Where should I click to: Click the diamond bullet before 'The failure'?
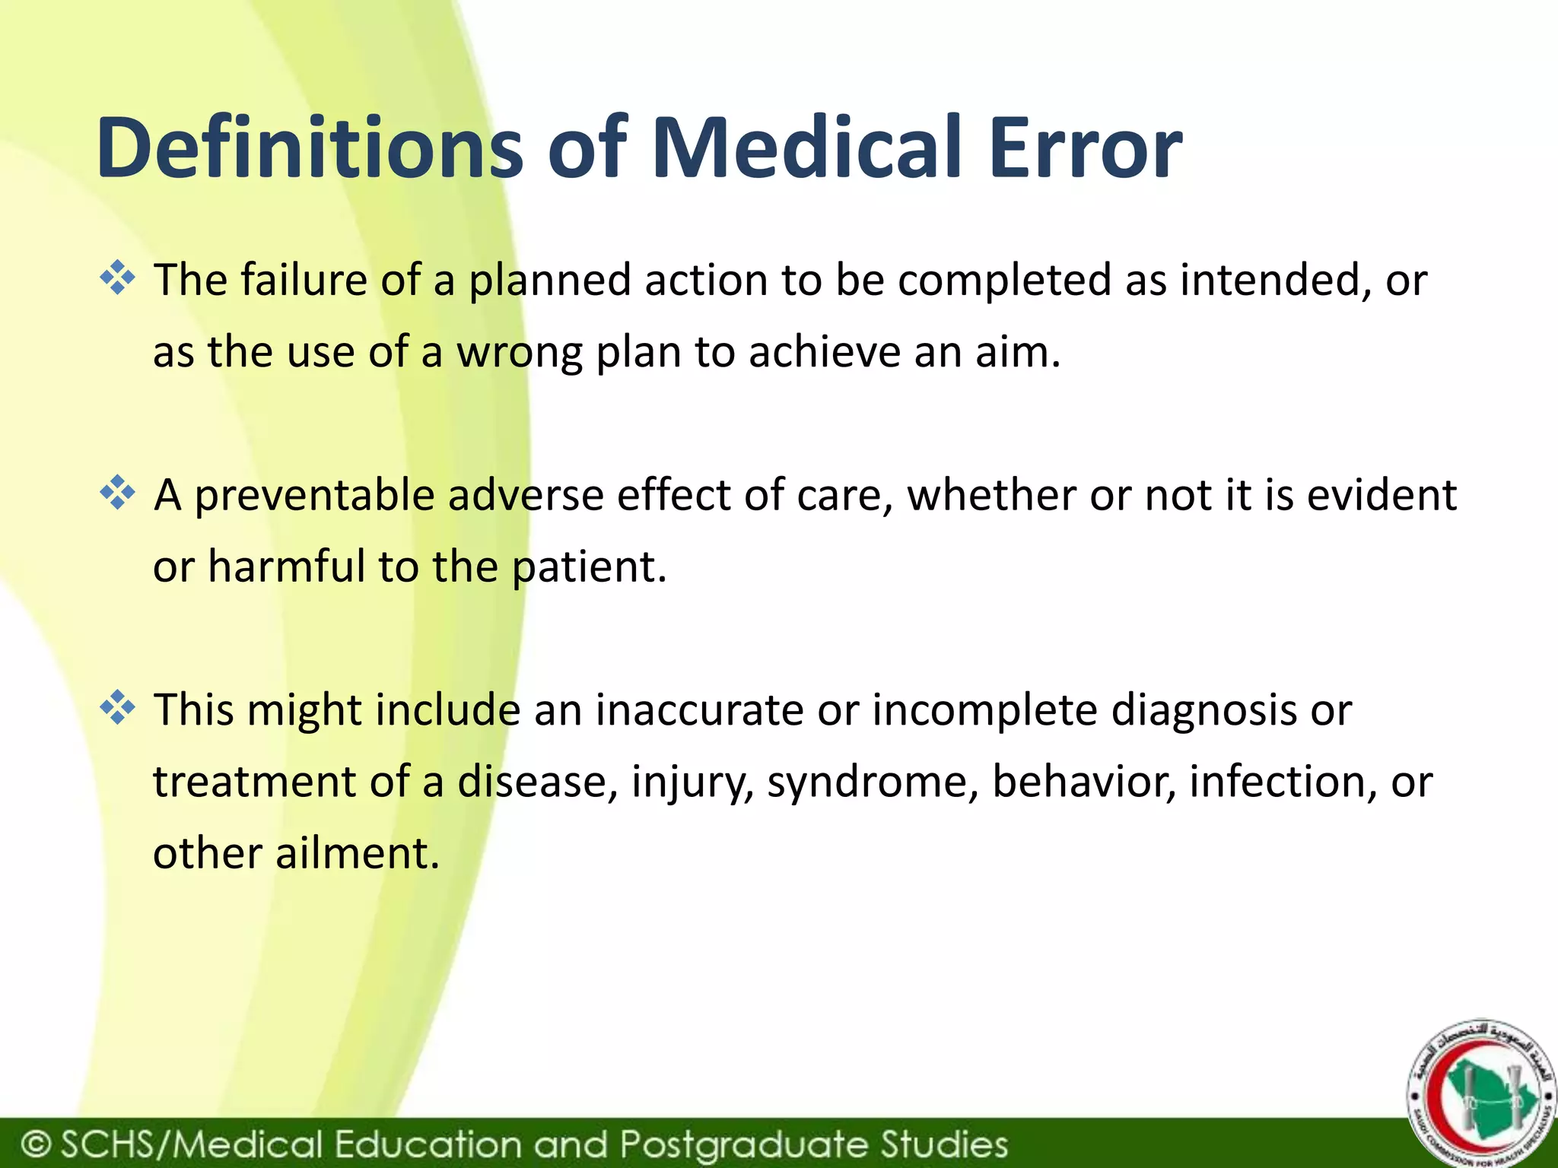[117, 278]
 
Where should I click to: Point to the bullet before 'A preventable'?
[117, 493]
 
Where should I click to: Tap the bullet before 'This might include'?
[117, 708]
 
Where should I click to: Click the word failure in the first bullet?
[304, 280]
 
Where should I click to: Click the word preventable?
[315, 496]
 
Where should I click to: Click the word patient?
[589, 567]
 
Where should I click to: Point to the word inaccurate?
[699, 711]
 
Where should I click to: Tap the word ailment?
[357, 854]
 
